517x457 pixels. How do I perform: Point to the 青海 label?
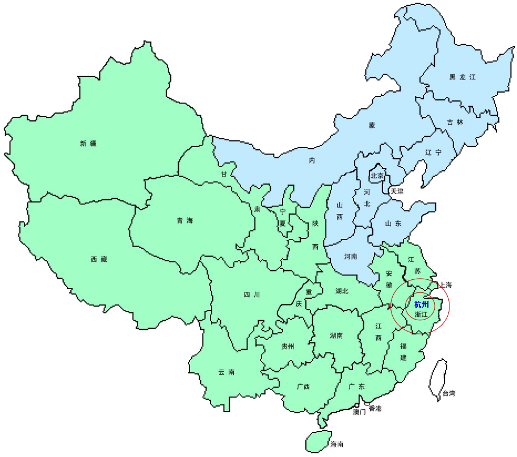pyautogui.click(x=185, y=220)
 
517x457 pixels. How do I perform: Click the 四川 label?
pyautogui.click(x=252, y=295)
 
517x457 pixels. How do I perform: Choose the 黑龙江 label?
pyautogui.click(x=463, y=77)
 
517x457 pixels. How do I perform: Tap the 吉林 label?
pyautogui.click(x=455, y=122)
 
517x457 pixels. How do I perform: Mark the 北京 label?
pyautogui.click(x=378, y=175)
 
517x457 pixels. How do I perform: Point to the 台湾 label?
pyautogui.click(x=449, y=393)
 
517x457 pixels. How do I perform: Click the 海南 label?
pyautogui.click(x=337, y=444)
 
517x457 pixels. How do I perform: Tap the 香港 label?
pyautogui.click(x=375, y=409)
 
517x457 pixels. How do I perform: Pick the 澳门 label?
pyautogui.click(x=359, y=412)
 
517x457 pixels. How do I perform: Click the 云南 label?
pyautogui.click(x=226, y=372)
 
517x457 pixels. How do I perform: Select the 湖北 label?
pyautogui.click(x=342, y=291)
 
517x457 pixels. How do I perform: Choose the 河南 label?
pyautogui.click(x=351, y=257)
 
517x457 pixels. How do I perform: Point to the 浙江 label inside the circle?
pyautogui.click(x=422, y=314)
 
